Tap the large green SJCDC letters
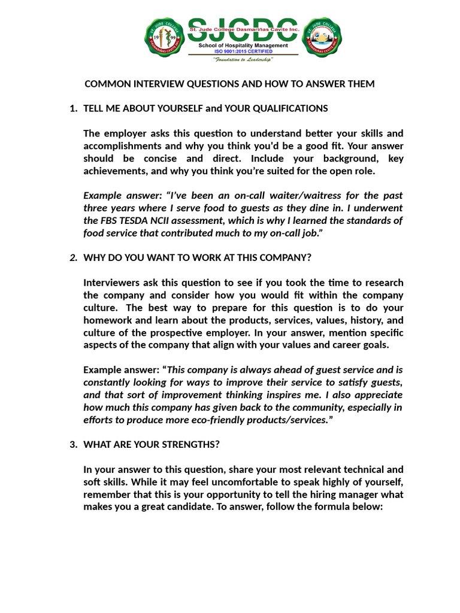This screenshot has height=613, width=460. click(x=243, y=24)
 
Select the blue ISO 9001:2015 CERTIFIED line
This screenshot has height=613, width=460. click(x=243, y=51)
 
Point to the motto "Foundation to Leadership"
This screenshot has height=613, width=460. click(x=243, y=60)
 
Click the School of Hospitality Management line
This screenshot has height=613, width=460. click(x=243, y=45)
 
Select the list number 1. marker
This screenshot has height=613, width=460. click(x=74, y=108)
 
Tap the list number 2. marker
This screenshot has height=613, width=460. click(x=74, y=257)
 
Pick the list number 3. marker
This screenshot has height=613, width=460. click(x=74, y=445)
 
